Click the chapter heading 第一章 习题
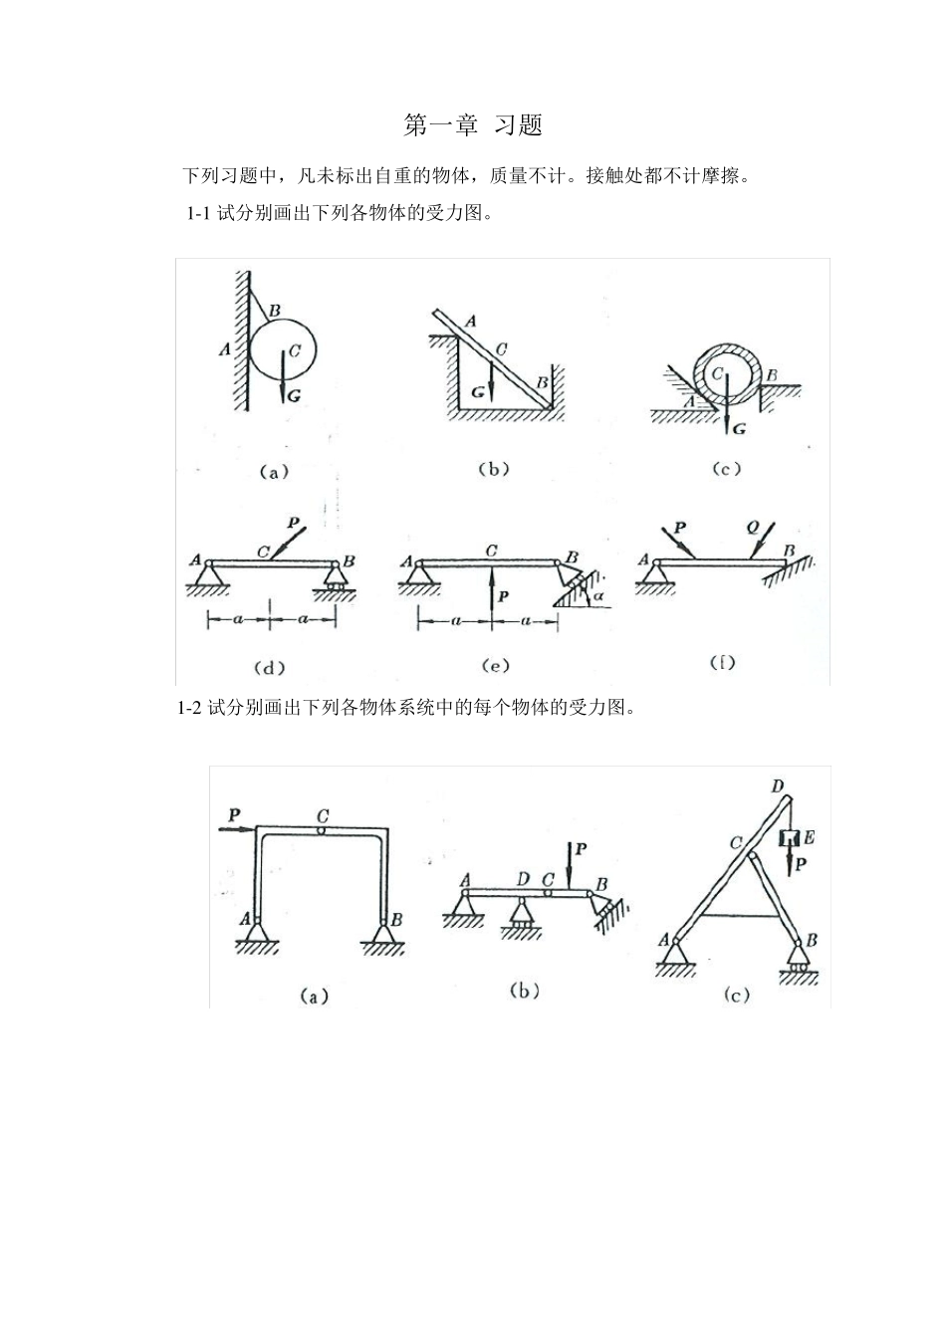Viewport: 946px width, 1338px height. coord(472,125)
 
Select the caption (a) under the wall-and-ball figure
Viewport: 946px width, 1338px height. coord(274,472)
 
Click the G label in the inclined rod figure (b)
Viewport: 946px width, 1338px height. coord(478,392)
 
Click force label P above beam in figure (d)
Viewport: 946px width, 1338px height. coord(292,523)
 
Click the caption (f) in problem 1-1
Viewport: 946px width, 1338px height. coord(722,662)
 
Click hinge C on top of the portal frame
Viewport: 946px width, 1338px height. coord(321,829)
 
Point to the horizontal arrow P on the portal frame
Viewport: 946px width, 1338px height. coord(237,825)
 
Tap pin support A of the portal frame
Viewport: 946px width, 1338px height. coord(259,932)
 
